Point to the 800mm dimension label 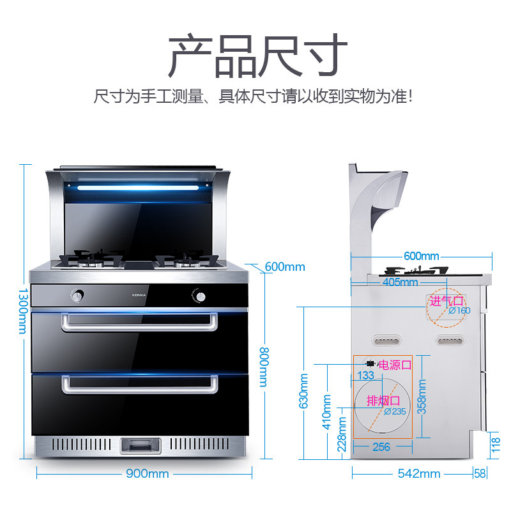[263, 367]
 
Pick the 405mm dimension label [400, 282]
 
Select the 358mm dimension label [422, 397]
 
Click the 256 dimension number [381, 447]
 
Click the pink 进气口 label [445, 300]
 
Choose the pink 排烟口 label [383, 400]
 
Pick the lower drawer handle [139, 385]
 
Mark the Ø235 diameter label [395, 412]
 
